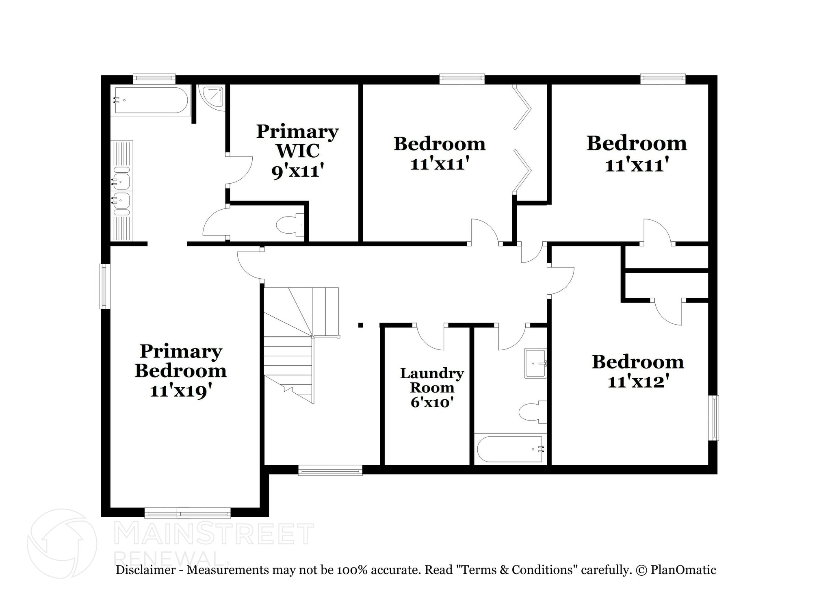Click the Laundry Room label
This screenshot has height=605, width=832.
tap(432, 380)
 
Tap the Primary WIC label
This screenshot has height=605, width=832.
tap(297, 141)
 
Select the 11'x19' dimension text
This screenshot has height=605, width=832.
tap(180, 391)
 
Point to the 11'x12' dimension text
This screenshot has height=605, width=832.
tap(638, 382)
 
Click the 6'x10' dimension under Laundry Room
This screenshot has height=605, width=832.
tap(432, 402)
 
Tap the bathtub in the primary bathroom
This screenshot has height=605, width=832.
tap(151, 100)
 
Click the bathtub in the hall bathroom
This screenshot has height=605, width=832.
tap(511, 449)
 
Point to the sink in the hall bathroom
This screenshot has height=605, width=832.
tap(535, 363)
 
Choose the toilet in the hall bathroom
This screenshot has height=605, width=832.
tap(533, 412)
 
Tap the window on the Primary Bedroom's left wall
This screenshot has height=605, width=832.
tap(105, 286)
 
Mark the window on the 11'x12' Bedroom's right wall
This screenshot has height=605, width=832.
tap(713, 418)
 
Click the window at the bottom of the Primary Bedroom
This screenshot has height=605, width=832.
tap(188, 512)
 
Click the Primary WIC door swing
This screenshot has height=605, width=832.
tap(240, 170)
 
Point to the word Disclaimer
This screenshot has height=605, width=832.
tap(145, 570)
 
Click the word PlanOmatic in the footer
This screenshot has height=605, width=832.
tap(683, 570)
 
